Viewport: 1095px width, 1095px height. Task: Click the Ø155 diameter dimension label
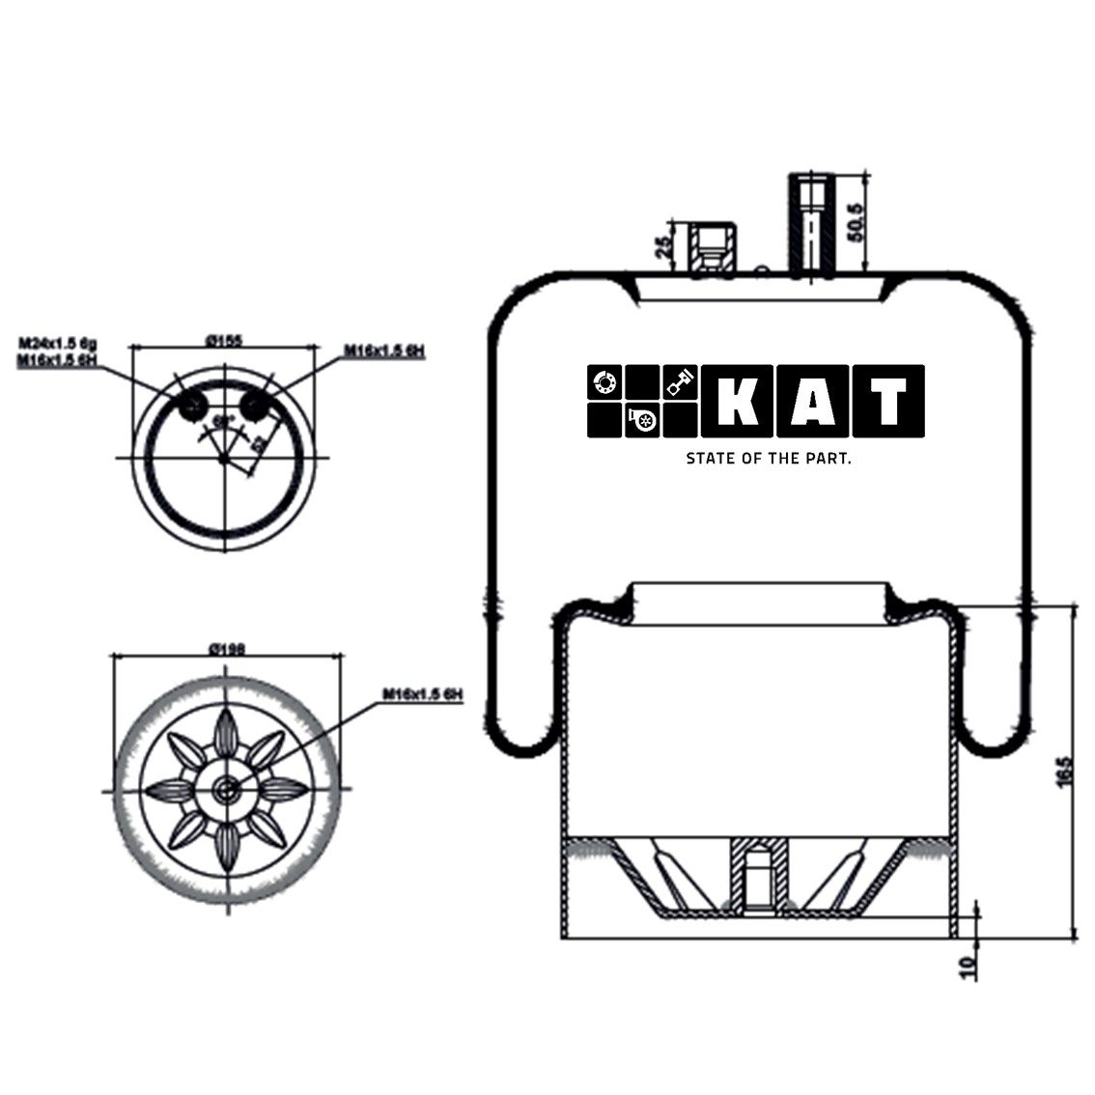[x=224, y=340]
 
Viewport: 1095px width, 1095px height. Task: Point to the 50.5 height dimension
[x=854, y=221]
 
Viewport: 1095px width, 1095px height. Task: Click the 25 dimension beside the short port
[x=664, y=246]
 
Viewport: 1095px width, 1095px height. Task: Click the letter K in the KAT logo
[x=739, y=401]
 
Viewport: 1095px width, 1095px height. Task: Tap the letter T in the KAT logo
[x=888, y=401]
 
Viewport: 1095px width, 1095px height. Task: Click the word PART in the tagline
[x=827, y=459]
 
